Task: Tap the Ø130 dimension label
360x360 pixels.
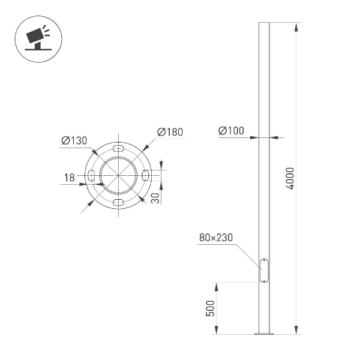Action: tap(74, 140)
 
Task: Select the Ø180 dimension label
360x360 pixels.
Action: tap(170, 132)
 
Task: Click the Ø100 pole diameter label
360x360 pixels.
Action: tap(231, 131)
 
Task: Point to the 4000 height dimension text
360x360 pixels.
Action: tap(290, 178)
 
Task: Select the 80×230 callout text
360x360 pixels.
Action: tap(215, 238)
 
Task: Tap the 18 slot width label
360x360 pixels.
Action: tap(69, 177)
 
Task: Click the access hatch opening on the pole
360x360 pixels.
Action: tap(264, 270)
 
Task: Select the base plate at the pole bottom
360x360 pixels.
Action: tap(264, 333)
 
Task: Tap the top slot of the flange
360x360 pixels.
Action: tap(119, 147)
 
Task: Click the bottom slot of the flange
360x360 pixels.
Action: tap(119, 202)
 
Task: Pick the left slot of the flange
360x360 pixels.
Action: tap(91, 175)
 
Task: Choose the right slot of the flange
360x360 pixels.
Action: tap(146, 175)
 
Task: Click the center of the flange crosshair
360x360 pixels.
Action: tap(119, 175)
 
